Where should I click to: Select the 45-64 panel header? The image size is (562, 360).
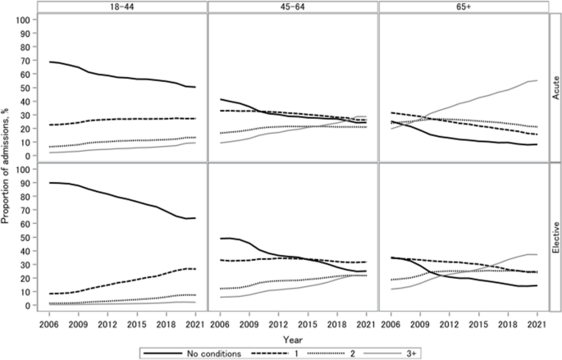[x=293, y=7]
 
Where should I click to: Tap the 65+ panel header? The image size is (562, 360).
[x=464, y=7]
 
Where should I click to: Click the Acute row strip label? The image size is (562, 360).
[x=555, y=86]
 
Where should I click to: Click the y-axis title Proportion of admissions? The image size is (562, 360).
[x=11, y=159]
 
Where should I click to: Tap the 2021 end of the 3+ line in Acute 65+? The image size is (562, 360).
[x=537, y=80]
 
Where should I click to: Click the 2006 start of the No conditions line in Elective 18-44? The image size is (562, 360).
[x=50, y=183]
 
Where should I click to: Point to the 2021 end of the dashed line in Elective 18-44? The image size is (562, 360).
[x=195, y=269]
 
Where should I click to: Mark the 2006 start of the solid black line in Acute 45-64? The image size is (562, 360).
[x=222, y=99]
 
